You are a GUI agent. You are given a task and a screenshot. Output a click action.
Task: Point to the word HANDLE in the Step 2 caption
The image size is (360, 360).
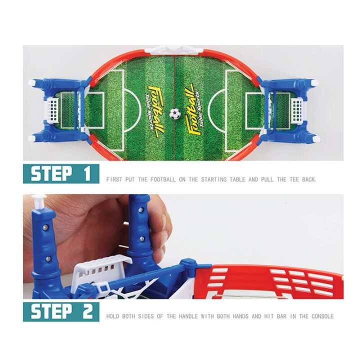(184, 316)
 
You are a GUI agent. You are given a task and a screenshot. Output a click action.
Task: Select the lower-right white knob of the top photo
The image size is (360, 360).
(313, 138)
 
